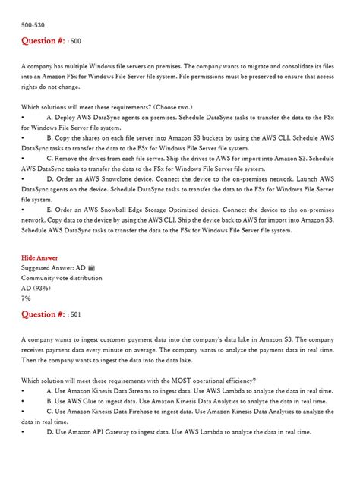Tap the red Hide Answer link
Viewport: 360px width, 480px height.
coord(39,257)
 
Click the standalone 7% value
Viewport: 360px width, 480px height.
coord(27,298)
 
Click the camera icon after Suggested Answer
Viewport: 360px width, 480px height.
coord(91,268)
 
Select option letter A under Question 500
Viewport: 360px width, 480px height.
coord(49,118)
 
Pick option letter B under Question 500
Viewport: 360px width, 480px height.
coord(49,138)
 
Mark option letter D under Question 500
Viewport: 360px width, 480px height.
coord(49,178)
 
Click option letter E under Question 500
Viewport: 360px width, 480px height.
coord(49,209)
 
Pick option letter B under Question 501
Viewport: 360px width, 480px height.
coord(49,400)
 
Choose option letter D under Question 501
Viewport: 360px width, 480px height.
coord(49,431)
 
